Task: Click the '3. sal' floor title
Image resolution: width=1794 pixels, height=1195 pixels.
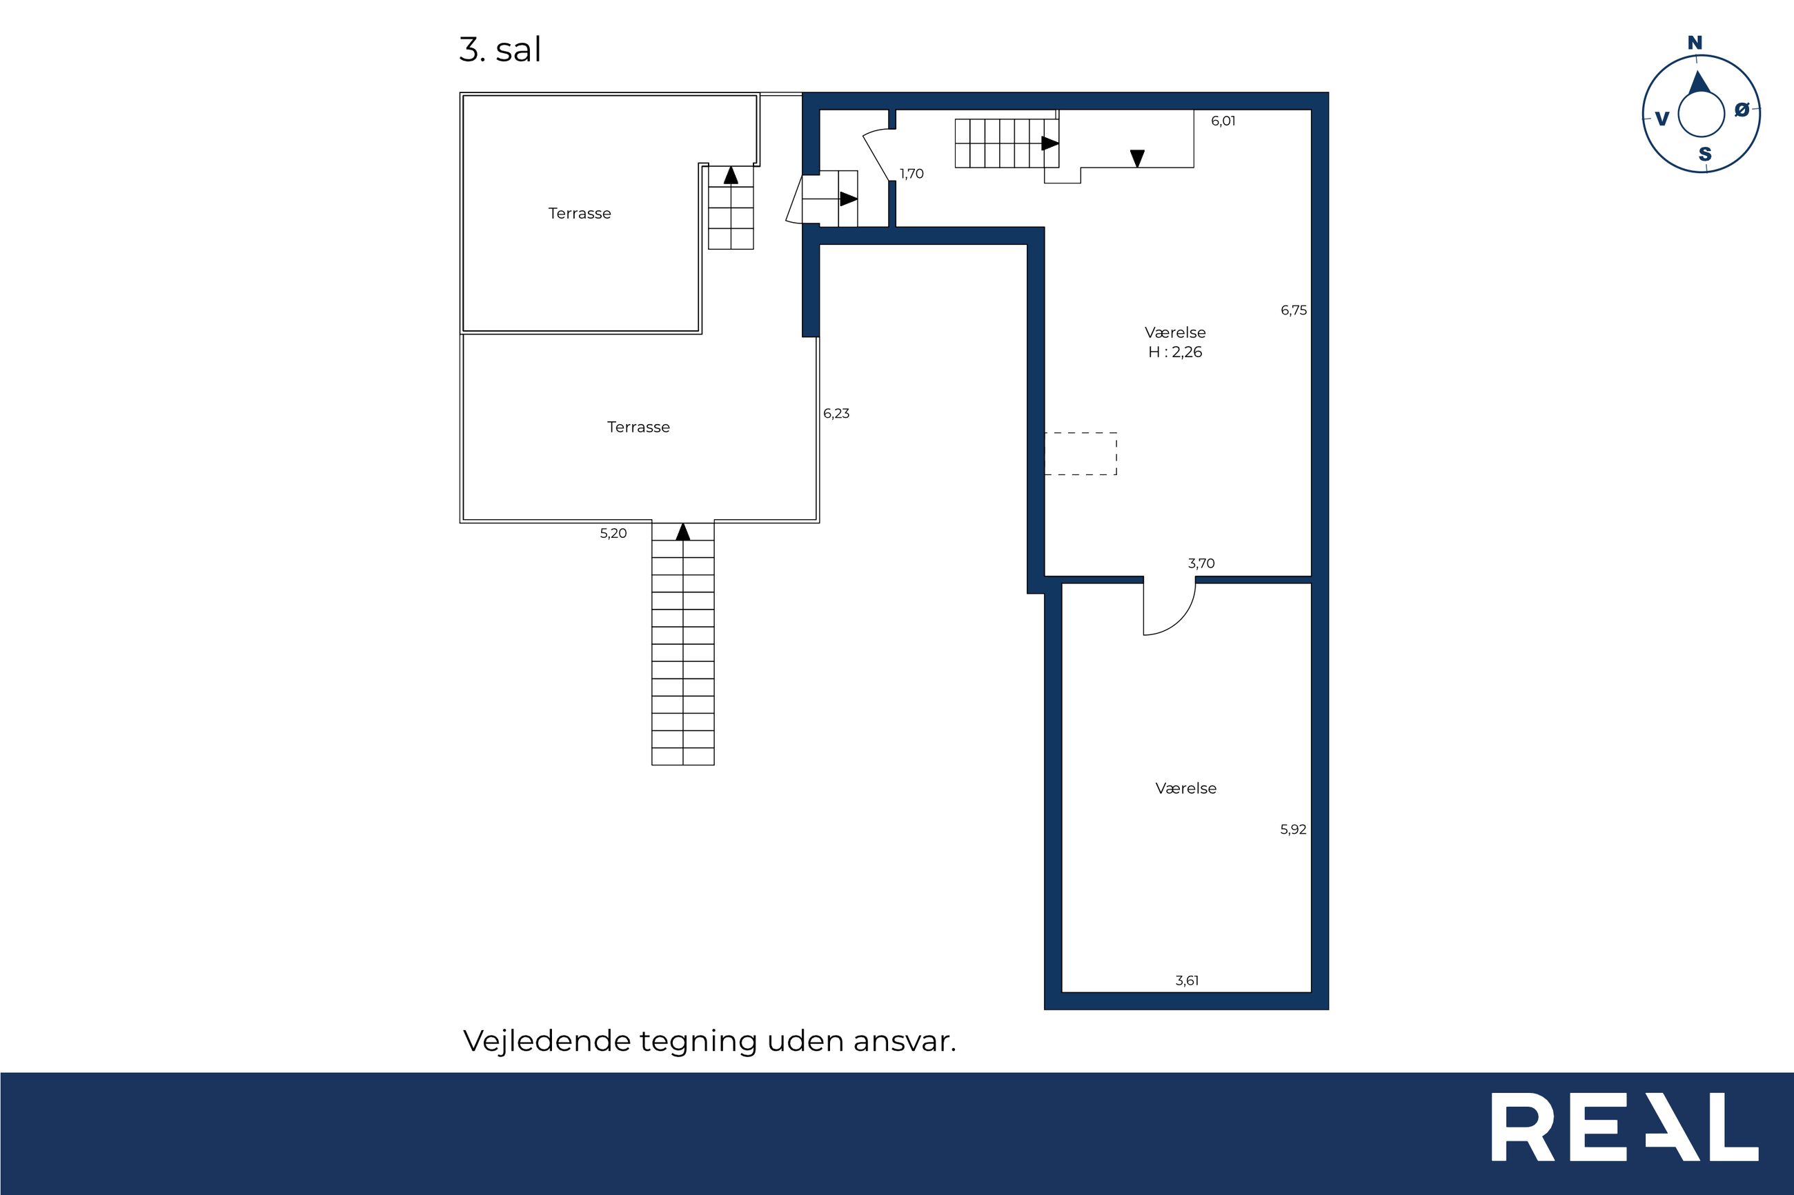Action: coord(500,50)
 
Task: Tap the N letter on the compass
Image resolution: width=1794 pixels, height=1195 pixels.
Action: coord(1694,43)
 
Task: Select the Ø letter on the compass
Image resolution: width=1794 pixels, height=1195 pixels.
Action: coord(1742,110)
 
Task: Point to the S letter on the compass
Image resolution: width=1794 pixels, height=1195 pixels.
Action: coord(1705,154)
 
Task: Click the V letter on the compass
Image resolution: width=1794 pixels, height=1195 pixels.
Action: coord(1662,119)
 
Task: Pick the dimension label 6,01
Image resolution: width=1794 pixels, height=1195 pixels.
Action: coord(1223,121)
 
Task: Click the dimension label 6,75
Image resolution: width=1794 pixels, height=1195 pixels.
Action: coord(1294,310)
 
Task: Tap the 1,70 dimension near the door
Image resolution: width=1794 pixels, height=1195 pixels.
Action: coord(912,174)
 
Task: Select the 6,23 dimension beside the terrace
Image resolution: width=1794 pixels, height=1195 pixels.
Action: coord(836,414)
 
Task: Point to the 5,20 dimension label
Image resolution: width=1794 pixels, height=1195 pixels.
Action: coord(613,534)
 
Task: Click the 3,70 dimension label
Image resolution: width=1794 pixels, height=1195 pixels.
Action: coord(1201,564)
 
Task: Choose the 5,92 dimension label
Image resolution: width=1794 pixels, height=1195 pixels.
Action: coord(1293,830)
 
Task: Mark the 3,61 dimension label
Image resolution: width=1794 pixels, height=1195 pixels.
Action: coord(1187,981)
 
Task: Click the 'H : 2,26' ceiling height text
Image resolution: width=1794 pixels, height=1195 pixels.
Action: coord(1175,352)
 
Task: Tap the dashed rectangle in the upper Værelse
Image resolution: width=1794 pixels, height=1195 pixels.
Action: coord(1081,454)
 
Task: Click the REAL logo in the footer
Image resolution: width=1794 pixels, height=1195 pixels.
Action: coord(1625,1138)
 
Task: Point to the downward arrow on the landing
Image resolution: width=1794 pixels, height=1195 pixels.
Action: coord(1137,159)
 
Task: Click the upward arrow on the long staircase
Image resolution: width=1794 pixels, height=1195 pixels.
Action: coord(682,531)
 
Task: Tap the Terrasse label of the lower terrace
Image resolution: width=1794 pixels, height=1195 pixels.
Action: coord(638,428)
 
